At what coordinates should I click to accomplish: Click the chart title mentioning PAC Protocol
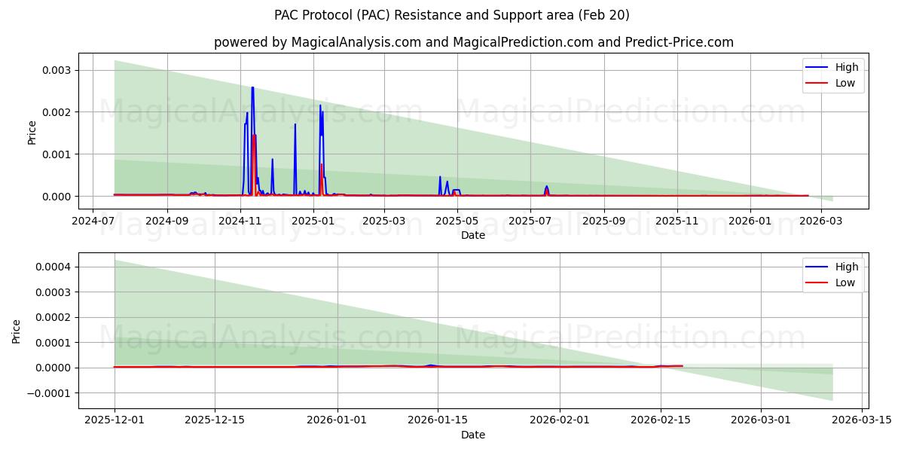pyautogui.click(x=452, y=15)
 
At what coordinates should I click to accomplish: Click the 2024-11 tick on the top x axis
pyautogui.click(x=240, y=221)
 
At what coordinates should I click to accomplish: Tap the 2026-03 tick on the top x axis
pyautogui.click(x=822, y=221)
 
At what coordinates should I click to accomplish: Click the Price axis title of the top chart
pyautogui.click(x=32, y=132)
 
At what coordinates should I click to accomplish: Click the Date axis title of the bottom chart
pyautogui.click(x=473, y=435)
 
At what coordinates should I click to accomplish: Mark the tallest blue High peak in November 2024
pyautogui.click(x=252, y=87)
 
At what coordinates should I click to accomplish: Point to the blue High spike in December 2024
pyautogui.click(x=295, y=124)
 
